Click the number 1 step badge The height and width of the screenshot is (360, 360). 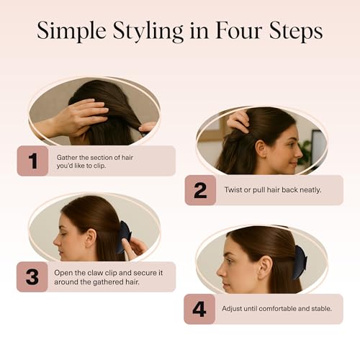[32, 161]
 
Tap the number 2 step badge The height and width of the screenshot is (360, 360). [200, 190]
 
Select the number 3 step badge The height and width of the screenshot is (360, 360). [32, 276]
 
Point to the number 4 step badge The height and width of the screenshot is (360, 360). [199, 309]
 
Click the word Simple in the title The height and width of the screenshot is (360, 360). [71, 32]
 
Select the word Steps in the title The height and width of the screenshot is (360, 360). [296, 32]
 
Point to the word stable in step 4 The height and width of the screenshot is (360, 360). [322, 308]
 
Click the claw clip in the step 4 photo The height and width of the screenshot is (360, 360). [300, 263]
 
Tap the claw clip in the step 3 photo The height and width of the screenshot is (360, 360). [124, 237]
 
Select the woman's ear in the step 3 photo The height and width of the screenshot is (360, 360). [90, 238]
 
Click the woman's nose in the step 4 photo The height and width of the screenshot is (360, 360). [221, 271]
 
